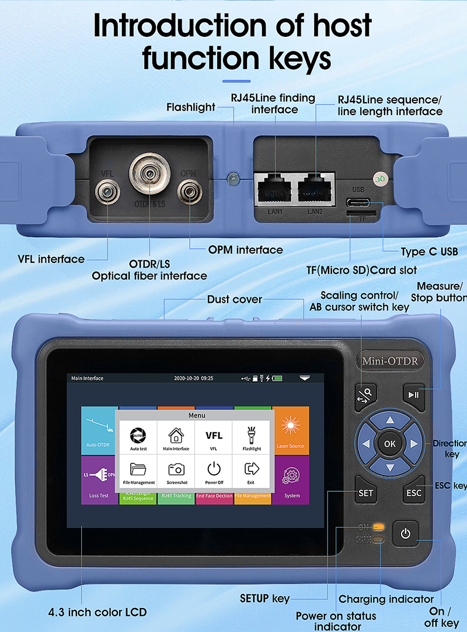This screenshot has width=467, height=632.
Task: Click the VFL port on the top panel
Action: (x=108, y=191)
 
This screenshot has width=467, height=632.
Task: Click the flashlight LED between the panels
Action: (x=233, y=179)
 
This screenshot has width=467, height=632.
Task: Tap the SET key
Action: (x=365, y=493)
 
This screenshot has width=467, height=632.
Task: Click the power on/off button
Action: (x=406, y=533)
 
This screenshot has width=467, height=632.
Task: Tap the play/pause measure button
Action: (x=414, y=394)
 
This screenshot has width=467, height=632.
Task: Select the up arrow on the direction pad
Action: (x=390, y=420)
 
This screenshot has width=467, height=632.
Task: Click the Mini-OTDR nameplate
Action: (x=390, y=361)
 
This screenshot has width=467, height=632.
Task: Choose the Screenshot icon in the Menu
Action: (x=176, y=472)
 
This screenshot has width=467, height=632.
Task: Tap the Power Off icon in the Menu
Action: (x=214, y=472)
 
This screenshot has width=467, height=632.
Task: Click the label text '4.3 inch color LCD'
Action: (x=97, y=612)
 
